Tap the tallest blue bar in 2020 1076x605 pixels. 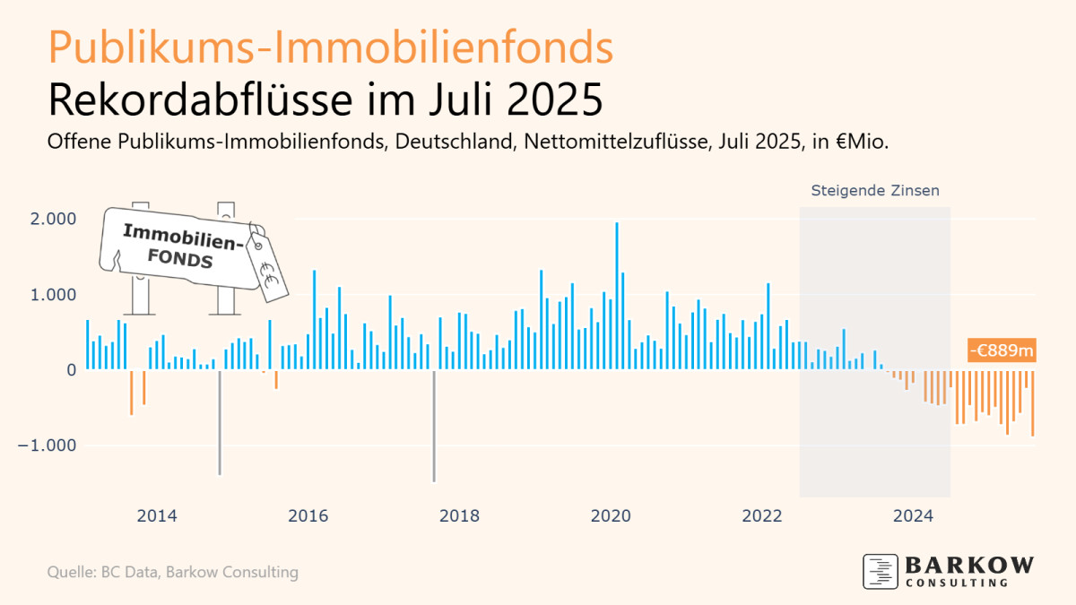coord(617,296)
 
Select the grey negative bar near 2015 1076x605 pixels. coord(220,421)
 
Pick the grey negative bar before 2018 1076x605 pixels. coord(434,426)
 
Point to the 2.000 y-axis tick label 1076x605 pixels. coord(56,219)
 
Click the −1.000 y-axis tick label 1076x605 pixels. coord(49,445)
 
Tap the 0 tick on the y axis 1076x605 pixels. coord(71,370)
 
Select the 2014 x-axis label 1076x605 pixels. coord(156,516)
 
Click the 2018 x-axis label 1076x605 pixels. coord(459,516)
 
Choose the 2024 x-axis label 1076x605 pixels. coord(914,516)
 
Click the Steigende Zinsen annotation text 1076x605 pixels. coord(875,191)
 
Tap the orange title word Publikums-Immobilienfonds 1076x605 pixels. coord(331,48)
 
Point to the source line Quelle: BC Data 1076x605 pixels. coord(172,572)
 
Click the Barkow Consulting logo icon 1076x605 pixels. coord(880,571)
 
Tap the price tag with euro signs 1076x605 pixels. coord(266,261)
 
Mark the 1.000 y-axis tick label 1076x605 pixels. coord(56,295)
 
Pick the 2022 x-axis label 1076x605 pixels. coord(762,516)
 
